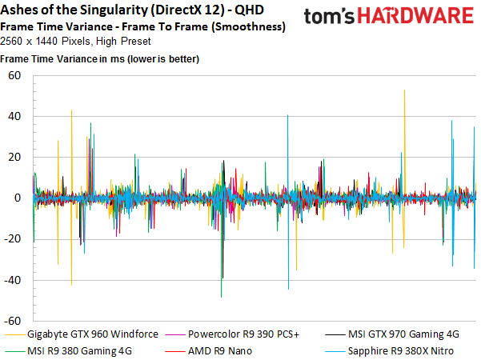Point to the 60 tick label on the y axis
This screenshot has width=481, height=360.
pos(14,75)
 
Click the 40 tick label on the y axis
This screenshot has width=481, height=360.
pos(14,116)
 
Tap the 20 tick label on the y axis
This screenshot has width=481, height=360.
pos(14,158)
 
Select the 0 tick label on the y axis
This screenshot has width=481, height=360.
pos(18,198)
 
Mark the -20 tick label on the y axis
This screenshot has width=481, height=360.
pos(12,239)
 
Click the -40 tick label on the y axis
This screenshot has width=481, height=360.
pos(12,280)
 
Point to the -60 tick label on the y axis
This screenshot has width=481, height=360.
pos(12,321)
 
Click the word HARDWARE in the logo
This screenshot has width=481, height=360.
pos(415,16)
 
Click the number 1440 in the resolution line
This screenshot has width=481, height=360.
pos(46,41)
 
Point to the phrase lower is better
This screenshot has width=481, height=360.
pos(164,59)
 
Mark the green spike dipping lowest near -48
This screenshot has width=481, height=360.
pos(221,246)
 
